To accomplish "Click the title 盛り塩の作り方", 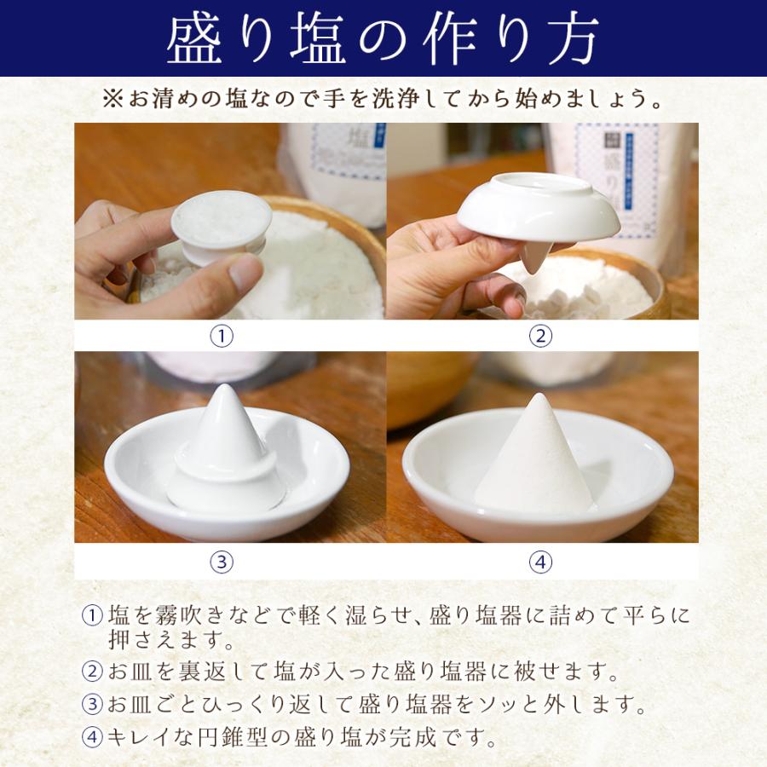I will coord(383,38).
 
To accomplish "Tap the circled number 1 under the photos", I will coord(222,336).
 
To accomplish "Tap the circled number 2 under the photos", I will coord(540,336).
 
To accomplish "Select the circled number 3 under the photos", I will coord(222,562).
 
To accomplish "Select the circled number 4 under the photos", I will coord(540,562).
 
